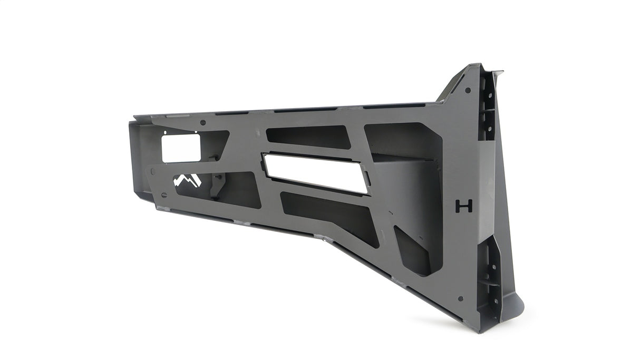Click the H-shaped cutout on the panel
tap(464, 206)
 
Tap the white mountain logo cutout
tap(187, 181)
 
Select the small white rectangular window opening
tap(181, 148)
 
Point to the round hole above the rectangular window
tap(203, 123)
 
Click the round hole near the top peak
tap(468, 90)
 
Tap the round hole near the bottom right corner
tap(460, 298)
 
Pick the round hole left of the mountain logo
tap(153, 171)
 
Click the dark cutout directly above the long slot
tap(308, 137)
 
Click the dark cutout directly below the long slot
tap(329, 217)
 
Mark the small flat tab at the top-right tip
tap(498, 72)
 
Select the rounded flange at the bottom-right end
tap(514, 306)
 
